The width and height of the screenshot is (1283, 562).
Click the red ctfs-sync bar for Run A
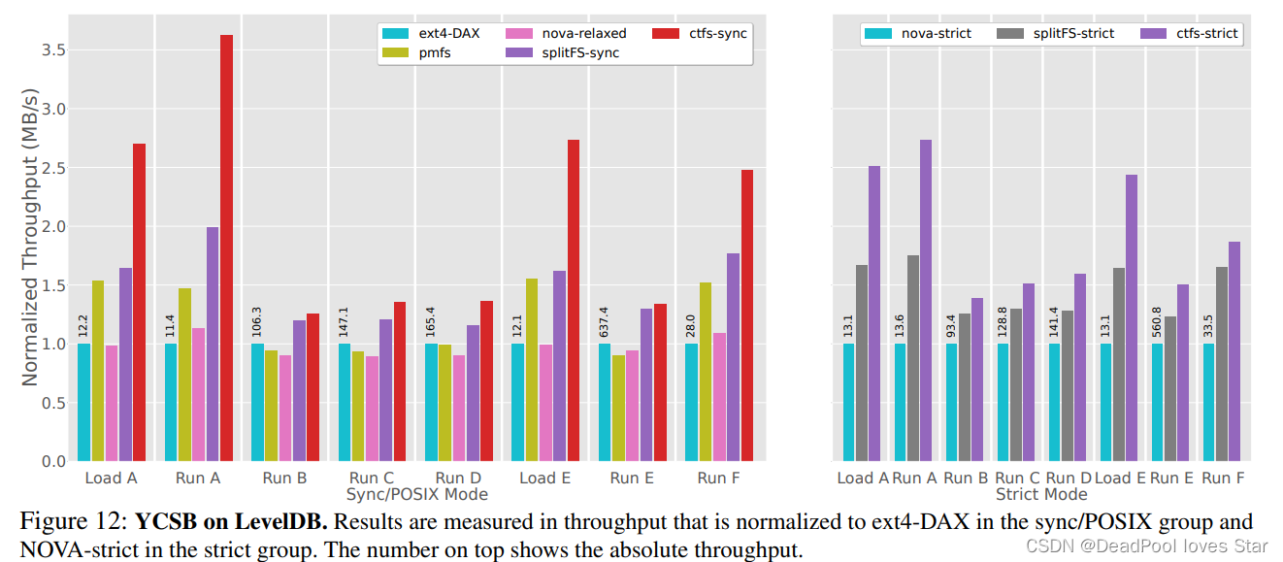tap(226, 248)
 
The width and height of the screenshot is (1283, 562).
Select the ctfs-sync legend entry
tap(717, 34)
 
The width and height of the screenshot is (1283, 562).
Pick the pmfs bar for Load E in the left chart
tap(532, 370)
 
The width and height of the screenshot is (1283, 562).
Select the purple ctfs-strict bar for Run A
tap(925, 300)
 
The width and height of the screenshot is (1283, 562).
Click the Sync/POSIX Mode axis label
tap(416, 494)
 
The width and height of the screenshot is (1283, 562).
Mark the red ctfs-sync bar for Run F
tap(745, 315)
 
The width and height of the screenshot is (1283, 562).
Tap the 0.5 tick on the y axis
tap(52, 403)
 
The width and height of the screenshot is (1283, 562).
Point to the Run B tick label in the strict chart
tap(964, 479)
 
